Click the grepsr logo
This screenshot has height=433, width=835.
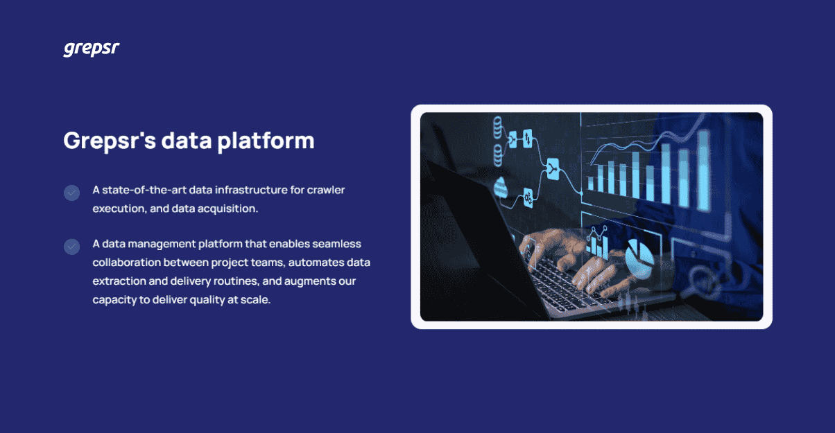(x=92, y=49)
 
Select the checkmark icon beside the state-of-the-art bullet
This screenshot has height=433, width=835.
(x=71, y=193)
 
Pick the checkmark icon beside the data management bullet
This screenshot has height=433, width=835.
(x=71, y=247)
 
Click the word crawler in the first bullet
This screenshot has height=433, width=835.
(x=327, y=190)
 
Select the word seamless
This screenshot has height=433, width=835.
(x=337, y=245)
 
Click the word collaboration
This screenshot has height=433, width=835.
(x=126, y=263)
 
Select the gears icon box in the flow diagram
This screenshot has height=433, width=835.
(x=528, y=198)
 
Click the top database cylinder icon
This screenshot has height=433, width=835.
(x=497, y=127)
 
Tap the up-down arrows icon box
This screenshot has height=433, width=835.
(x=528, y=138)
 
